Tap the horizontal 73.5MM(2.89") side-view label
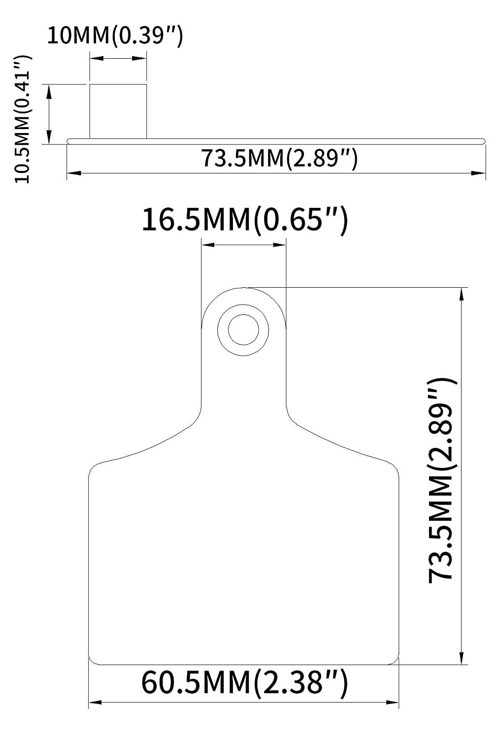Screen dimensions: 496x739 [279, 158]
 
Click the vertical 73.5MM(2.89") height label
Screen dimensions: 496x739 [442, 482]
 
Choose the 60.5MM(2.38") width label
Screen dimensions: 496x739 [245, 682]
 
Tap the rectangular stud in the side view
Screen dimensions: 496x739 [118, 111]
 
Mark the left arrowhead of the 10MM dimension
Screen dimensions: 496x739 [97, 59]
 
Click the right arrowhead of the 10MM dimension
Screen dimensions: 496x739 [139, 59]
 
